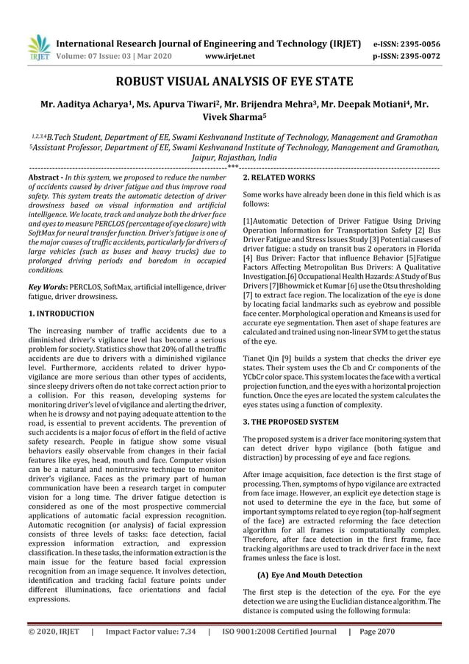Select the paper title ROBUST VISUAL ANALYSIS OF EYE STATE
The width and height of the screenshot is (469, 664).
click(234, 82)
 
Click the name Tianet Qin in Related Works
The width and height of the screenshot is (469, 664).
click(259, 356)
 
